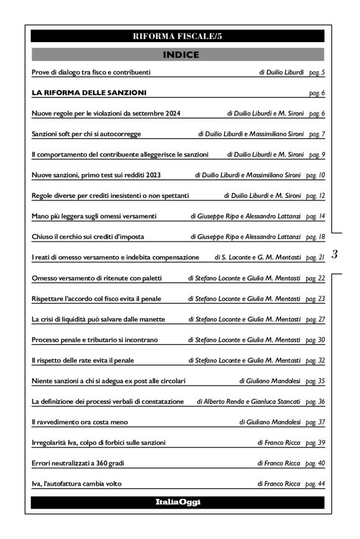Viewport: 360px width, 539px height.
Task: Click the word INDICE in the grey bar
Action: [x=180, y=55]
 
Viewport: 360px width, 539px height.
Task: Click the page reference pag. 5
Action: [x=317, y=73]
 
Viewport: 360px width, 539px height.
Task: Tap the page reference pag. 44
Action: [x=316, y=483]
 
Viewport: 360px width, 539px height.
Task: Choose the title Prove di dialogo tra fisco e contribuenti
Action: [x=91, y=73]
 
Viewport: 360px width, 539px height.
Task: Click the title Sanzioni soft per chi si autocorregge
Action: [x=86, y=134]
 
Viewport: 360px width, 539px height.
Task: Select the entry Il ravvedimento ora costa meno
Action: [x=80, y=421]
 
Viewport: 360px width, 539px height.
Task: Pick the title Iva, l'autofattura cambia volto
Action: [x=76, y=483]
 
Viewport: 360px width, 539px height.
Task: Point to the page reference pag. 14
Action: [x=316, y=216]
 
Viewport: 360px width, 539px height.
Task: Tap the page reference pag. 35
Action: [x=316, y=380]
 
